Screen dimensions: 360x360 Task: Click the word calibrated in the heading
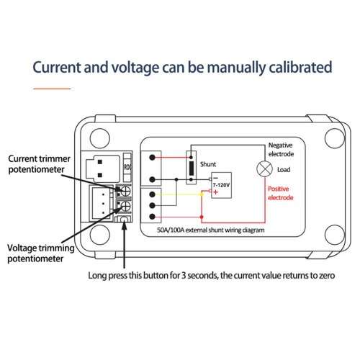pyautogui.click(x=300, y=67)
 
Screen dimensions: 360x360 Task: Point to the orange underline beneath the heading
pyautogui.click(x=52, y=89)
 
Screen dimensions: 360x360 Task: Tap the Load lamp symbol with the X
pyautogui.click(x=264, y=168)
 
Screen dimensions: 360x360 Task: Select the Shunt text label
pyautogui.click(x=208, y=164)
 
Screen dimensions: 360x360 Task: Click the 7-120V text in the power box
pyautogui.click(x=221, y=185)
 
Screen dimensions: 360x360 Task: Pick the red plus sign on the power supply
pyautogui.click(x=215, y=192)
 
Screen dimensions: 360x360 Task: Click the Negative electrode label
pyautogui.click(x=281, y=150)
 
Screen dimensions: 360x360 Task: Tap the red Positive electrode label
pyautogui.click(x=281, y=193)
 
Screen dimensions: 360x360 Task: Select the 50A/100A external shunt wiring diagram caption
pyautogui.click(x=211, y=230)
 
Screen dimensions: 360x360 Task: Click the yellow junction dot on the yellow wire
pyautogui.click(x=202, y=194)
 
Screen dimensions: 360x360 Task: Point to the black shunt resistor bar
pyautogui.click(x=192, y=168)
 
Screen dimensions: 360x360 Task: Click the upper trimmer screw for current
pyautogui.click(x=125, y=192)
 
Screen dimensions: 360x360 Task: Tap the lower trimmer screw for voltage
pyautogui.click(x=125, y=206)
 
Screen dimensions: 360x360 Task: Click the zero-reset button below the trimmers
pyautogui.click(x=124, y=219)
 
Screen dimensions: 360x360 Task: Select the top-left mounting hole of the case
pyautogui.click(x=100, y=138)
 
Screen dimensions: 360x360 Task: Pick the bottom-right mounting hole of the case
pyautogui.click(x=335, y=235)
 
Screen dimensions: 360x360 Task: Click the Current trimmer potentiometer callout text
pyautogui.click(x=39, y=164)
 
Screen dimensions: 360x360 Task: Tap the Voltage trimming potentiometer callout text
pyautogui.click(x=40, y=253)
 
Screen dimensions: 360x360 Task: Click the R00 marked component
pyautogui.click(x=127, y=167)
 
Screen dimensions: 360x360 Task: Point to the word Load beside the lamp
pyautogui.click(x=284, y=170)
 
